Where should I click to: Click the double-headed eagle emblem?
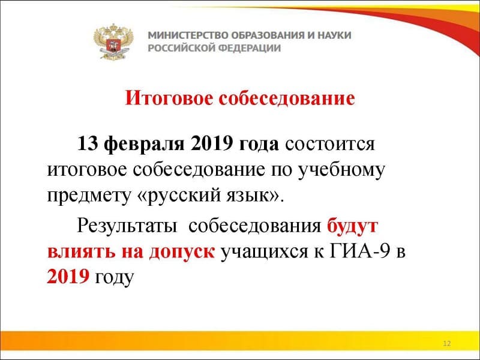[113, 41]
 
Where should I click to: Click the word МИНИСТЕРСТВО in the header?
[188, 35]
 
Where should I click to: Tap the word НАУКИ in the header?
[334, 35]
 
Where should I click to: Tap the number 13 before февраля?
[87, 143]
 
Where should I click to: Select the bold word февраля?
[144, 144]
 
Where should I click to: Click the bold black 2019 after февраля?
[211, 143]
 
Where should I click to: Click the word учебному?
[341, 170]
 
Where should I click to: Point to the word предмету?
[89, 196]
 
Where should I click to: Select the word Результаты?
[127, 226]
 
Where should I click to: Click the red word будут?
[352, 226]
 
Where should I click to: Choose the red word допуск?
[182, 253]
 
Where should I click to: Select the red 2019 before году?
[68, 277]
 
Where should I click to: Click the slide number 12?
[446, 343]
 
